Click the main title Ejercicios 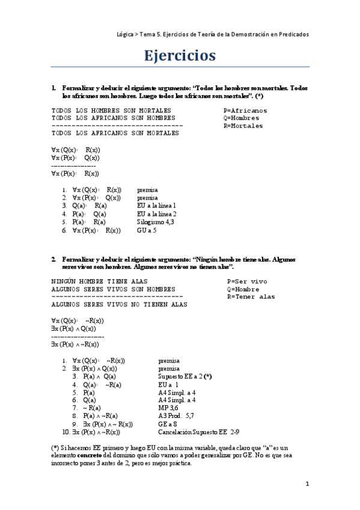pos(180,56)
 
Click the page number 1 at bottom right pos(307,484)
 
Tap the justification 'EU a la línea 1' pos(157,205)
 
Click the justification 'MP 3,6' pos(168,407)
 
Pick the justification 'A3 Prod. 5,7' pos(175,415)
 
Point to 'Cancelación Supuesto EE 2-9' pos(199,432)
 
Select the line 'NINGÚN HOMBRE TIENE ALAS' pos(100,281)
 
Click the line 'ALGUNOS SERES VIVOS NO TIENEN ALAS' pos(119,304)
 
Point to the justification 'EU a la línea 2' pos(157,214)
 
